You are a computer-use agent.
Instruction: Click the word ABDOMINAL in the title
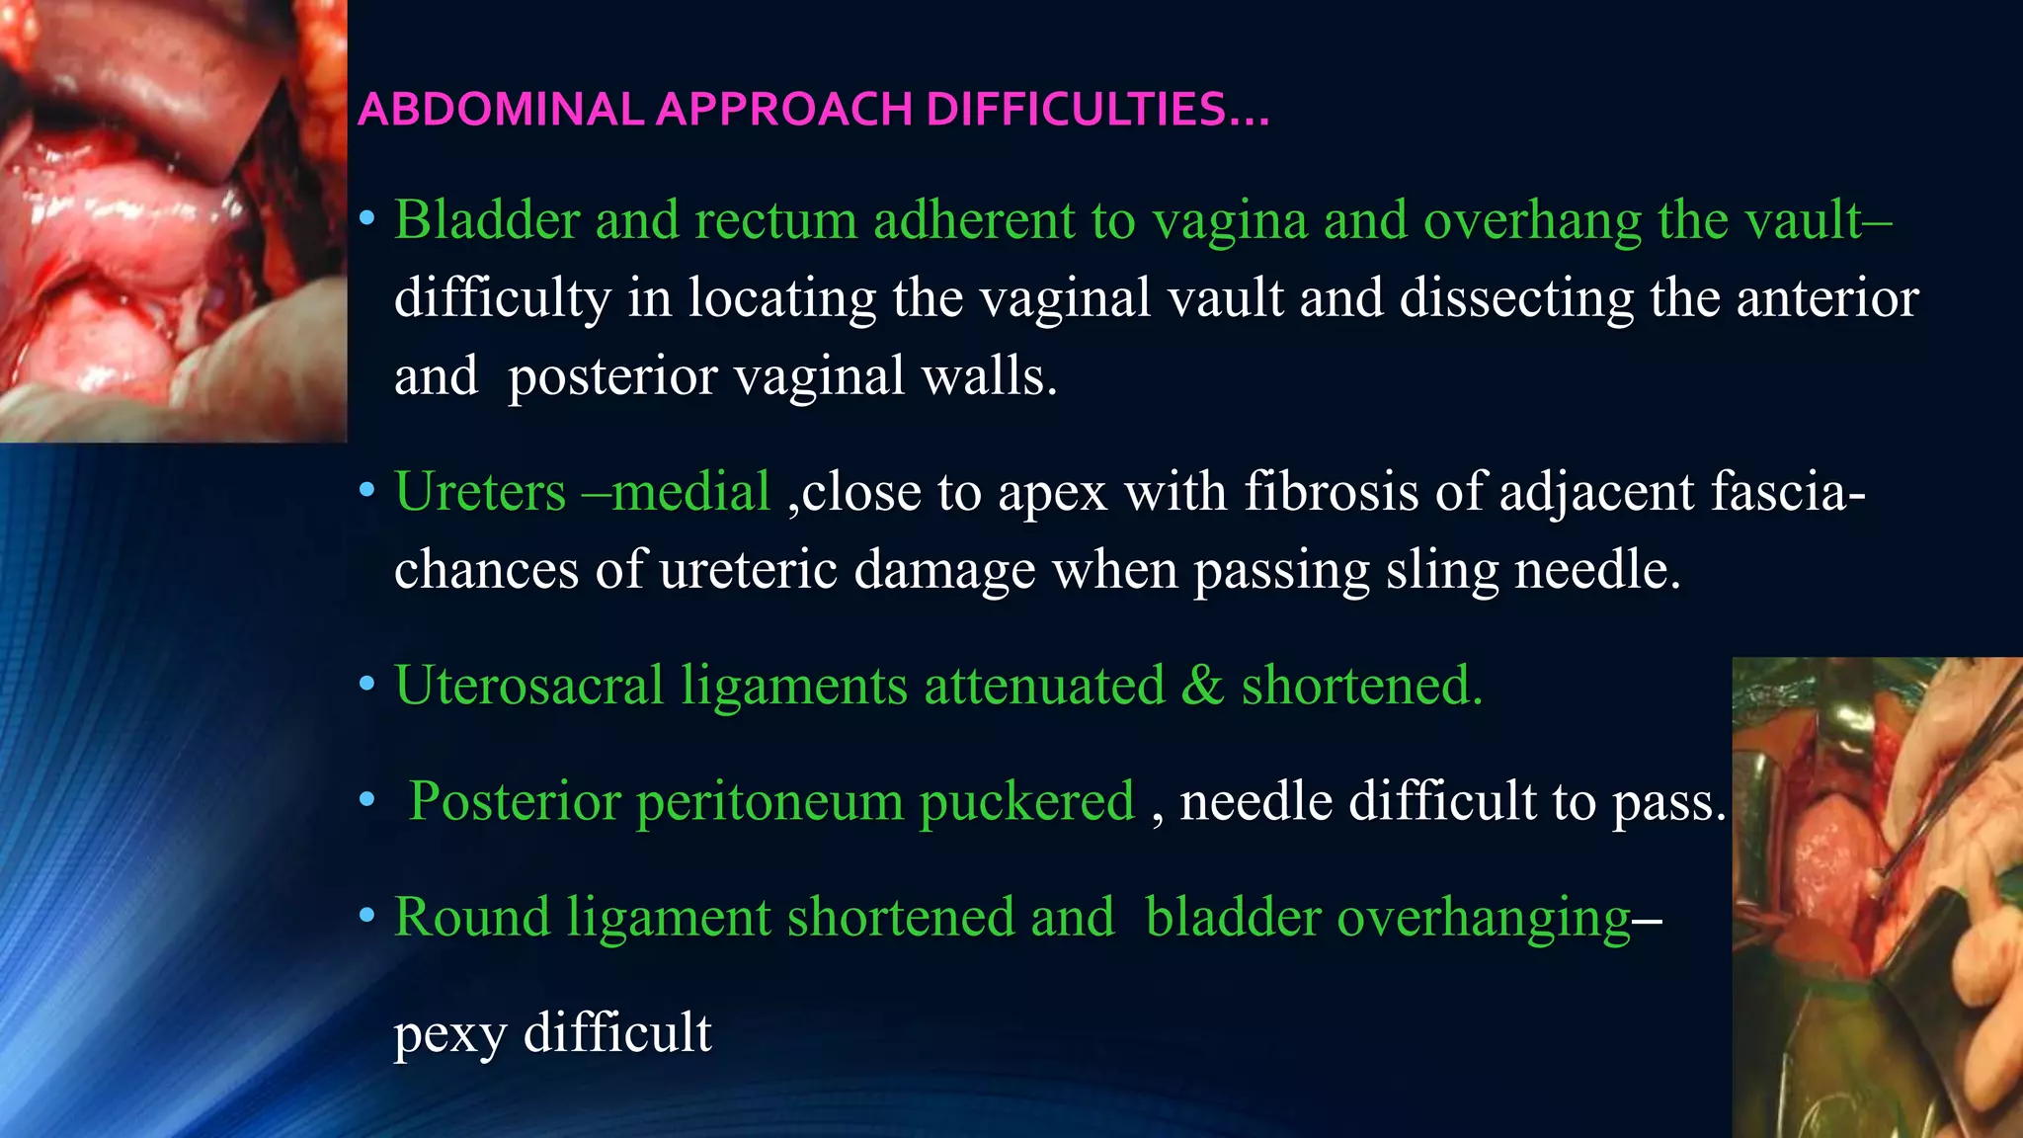pos(501,110)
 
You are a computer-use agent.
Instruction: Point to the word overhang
pos(1532,219)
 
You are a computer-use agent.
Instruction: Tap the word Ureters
pos(480,491)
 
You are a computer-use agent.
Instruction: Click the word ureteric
pos(748,569)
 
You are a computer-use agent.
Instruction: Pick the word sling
pos(1441,569)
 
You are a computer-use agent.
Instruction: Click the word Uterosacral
pos(529,685)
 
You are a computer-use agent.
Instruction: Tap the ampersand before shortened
pos(1202,685)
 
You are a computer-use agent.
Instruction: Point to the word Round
pos(472,917)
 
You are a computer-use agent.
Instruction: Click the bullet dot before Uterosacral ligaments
pos(367,684)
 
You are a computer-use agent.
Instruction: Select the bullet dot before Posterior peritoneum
pos(367,799)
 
